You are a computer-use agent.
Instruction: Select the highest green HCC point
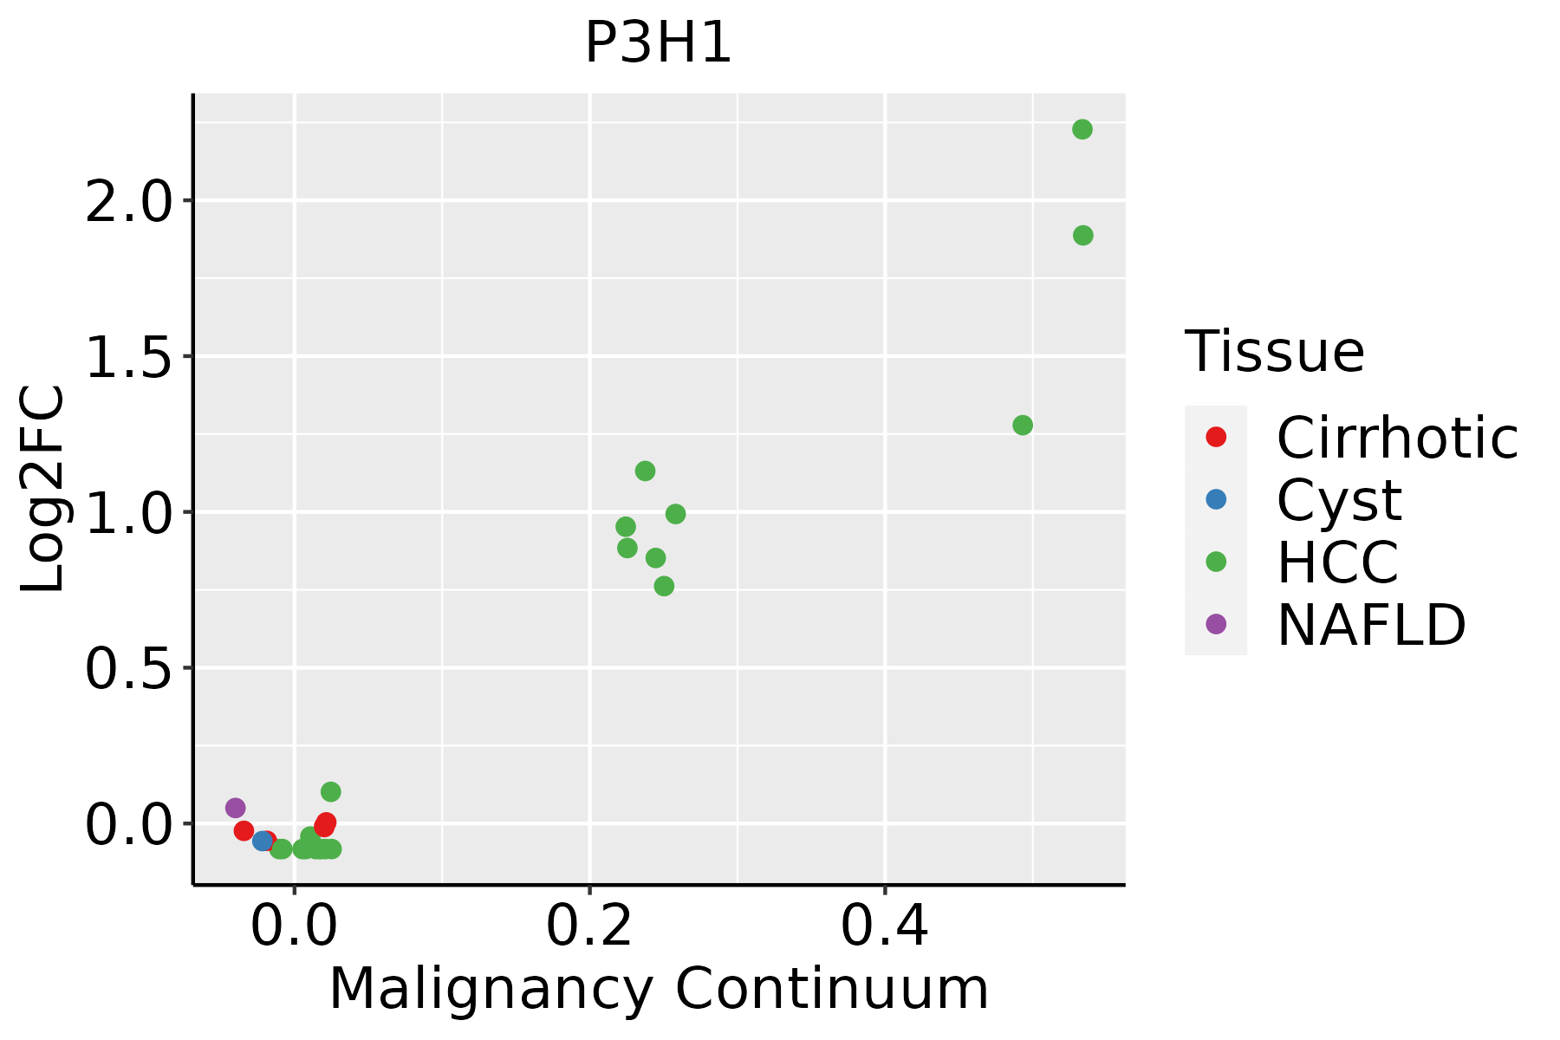coord(1082,130)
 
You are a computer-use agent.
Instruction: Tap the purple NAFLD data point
coord(235,808)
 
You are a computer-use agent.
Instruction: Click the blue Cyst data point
coord(262,841)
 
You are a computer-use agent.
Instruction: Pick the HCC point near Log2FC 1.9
coord(1082,236)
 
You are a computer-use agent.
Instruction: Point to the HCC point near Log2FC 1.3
coord(1023,426)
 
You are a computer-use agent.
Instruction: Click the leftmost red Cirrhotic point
coord(244,830)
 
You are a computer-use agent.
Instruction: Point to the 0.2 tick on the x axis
coord(589,926)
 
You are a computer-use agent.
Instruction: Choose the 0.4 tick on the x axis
coord(885,926)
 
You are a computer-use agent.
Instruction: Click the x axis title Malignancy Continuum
coord(659,990)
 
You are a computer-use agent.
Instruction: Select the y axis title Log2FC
coord(43,490)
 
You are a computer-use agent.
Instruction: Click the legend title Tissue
coord(1274,352)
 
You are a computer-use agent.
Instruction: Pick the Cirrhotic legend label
coord(1396,438)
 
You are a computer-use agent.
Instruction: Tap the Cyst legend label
coord(1338,500)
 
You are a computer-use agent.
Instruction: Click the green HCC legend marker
coord(1216,562)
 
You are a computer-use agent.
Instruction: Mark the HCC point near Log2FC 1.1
coord(645,471)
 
